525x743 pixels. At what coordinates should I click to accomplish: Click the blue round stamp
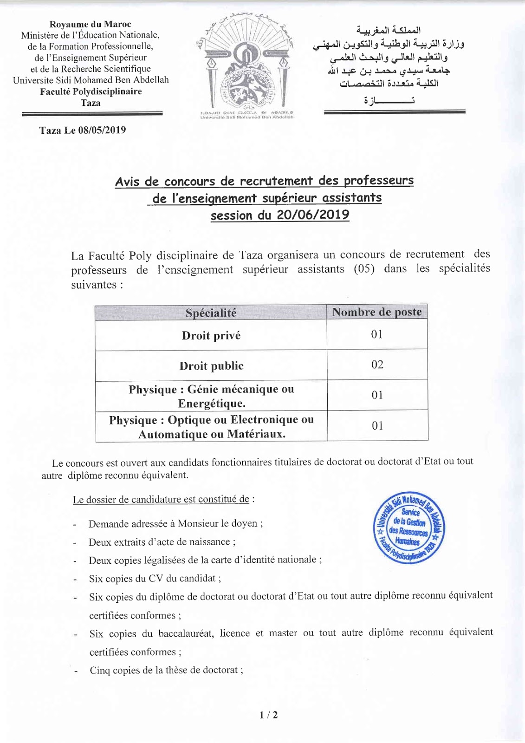coord(409,528)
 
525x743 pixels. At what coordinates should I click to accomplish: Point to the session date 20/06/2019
coord(313,215)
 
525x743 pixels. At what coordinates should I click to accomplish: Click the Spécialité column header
coord(211,313)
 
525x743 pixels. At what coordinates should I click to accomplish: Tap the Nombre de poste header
coord(377,312)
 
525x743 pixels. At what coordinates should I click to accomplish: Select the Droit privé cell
coord(211,336)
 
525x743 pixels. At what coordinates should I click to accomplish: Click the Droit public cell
coord(211,366)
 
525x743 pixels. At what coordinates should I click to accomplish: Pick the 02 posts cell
coord(377,365)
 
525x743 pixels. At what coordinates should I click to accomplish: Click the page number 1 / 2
coord(269,715)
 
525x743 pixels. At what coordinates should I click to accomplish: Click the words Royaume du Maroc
coord(91,24)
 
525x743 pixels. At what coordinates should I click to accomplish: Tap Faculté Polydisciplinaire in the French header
coord(91,91)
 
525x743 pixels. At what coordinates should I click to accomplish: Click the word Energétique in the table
coord(212,404)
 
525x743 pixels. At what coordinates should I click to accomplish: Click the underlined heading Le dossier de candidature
coord(161,500)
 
